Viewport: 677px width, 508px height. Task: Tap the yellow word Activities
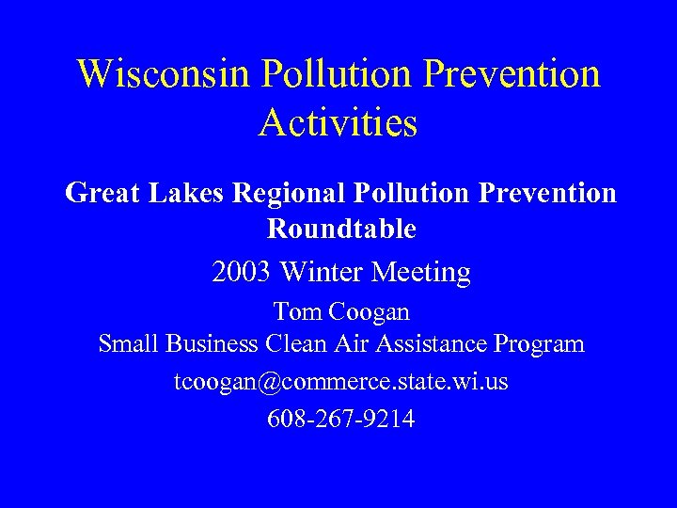(x=338, y=122)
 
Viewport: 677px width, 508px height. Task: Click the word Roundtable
(x=341, y=229)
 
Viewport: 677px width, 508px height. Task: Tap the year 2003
(x=241, y=273)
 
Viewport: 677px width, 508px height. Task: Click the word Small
(x=128, y=344)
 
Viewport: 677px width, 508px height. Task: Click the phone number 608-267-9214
(x=339, y=418)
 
